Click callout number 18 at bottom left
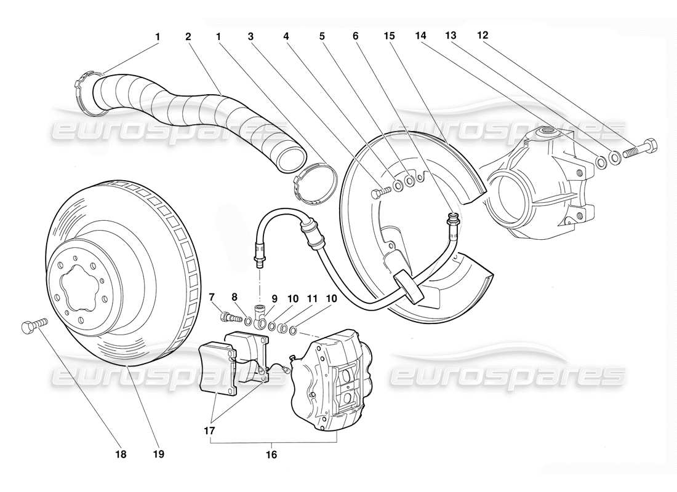pyautogui.click(x=121, y=454)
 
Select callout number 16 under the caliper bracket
pyautogui.click(x=271, y=456)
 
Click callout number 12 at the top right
pyautogui.click(x=483, y=36)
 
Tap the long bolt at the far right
pyautogui.click(x=640, y=149)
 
